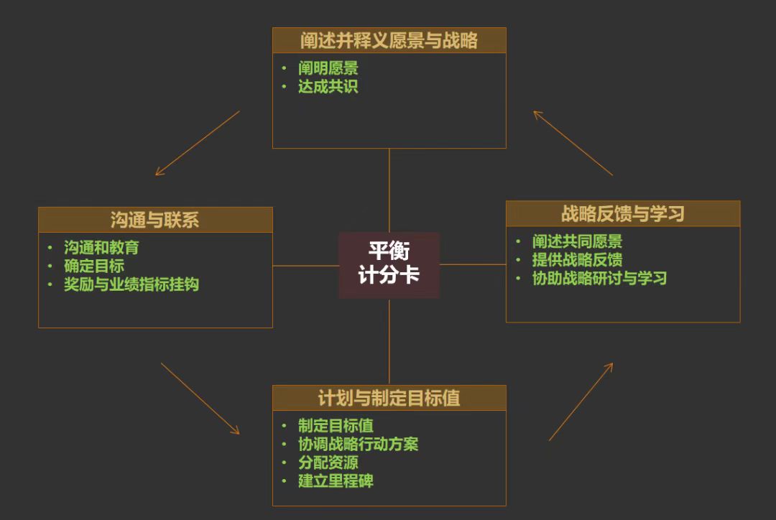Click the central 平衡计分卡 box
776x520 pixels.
(x=389, y=264)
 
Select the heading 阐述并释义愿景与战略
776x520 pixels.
(x=389, y=40)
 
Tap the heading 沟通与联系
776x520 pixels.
(x=155, y=220)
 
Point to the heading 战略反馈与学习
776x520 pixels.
(x=623, y=213)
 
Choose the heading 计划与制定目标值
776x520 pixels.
(x=389, y=398)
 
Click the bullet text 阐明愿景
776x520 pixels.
(x=328, y=68)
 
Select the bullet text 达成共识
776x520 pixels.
(x=328, y=87)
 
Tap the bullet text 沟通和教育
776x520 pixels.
(x=101, y=248)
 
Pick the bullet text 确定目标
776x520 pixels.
(x=94, y=266)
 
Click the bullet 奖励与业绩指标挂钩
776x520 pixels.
(x=131, y=284)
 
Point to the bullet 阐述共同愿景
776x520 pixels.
(x=577, y=241)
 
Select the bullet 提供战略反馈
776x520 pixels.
(x=577, y=260)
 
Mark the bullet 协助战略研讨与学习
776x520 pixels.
(x=599, y=278)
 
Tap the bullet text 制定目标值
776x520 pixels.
(x=336, y=426)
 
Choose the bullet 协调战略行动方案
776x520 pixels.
(x=358, y=444)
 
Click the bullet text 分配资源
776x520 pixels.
(x=328, y=463)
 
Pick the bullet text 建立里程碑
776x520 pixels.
(x=336, y=481)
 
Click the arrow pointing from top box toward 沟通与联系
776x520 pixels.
(x=197, y=143)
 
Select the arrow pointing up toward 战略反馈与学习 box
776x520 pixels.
(x=581, y=401)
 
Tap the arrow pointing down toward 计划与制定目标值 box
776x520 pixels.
(x=200, y=399)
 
